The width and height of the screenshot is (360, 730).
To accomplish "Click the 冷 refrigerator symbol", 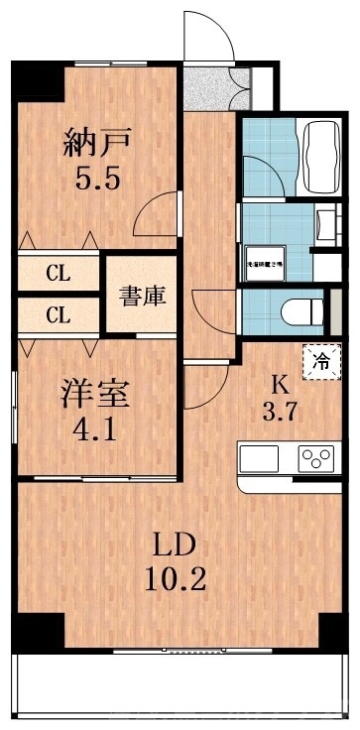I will click(x=322, y=358).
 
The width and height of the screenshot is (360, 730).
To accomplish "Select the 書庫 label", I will click(x=143, y=295).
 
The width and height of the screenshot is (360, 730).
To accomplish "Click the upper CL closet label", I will click(x=57, y=271).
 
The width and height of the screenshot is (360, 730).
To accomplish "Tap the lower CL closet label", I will click(x=57, y=316).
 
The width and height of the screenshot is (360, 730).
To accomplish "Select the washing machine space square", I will click(x=265, y=260).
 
